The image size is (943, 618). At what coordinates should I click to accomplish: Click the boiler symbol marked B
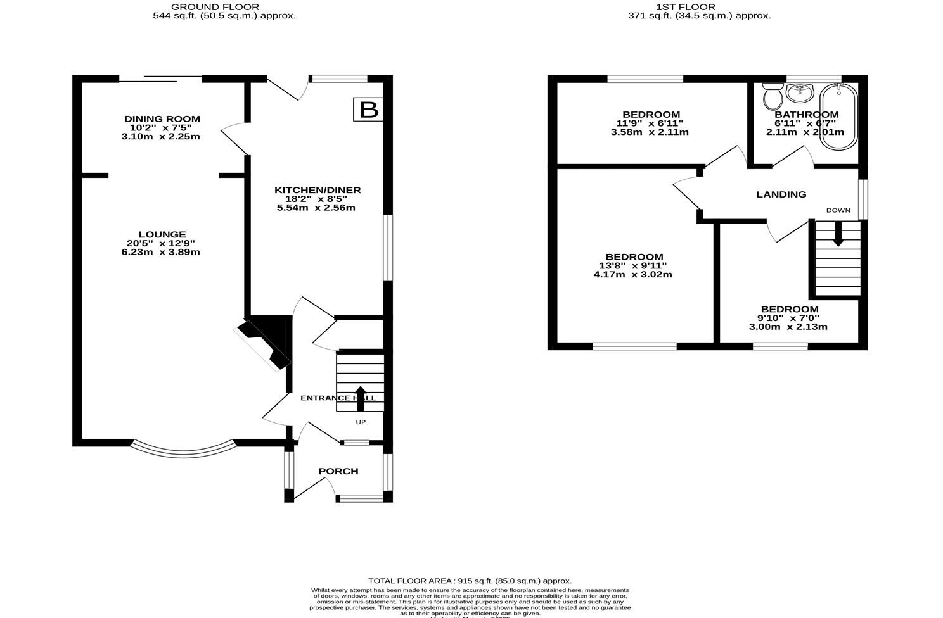[x=368, y=110]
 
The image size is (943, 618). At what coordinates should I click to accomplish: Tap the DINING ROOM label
[x=162, y=119]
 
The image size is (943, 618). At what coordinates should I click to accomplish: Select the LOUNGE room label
[x=163, y=234]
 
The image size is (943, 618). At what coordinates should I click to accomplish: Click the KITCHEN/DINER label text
[x=318, y=190]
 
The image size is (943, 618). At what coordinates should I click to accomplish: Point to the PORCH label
[x=338, y=471]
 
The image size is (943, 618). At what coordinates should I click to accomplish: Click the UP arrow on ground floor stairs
[x=360, y=398]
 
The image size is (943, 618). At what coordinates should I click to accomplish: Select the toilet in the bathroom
[x=773, y=98]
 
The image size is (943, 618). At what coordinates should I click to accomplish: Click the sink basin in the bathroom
[x=800, y=93]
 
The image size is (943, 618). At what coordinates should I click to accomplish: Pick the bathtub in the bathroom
[x=838, y=117]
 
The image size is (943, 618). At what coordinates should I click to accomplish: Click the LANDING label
[x=781, y=194]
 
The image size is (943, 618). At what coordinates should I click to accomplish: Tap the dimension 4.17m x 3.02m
[x=632, y=275]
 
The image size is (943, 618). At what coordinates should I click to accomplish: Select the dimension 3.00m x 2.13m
[x=788, y=327]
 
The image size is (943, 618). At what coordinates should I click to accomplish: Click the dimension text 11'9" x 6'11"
[x=641, y=123]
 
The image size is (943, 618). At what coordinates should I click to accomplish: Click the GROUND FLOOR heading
[x=215, y=7]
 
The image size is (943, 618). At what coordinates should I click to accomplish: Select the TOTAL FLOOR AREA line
[x=470, y=581]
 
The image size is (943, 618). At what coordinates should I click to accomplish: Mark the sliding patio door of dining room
[x=160, y=79]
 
